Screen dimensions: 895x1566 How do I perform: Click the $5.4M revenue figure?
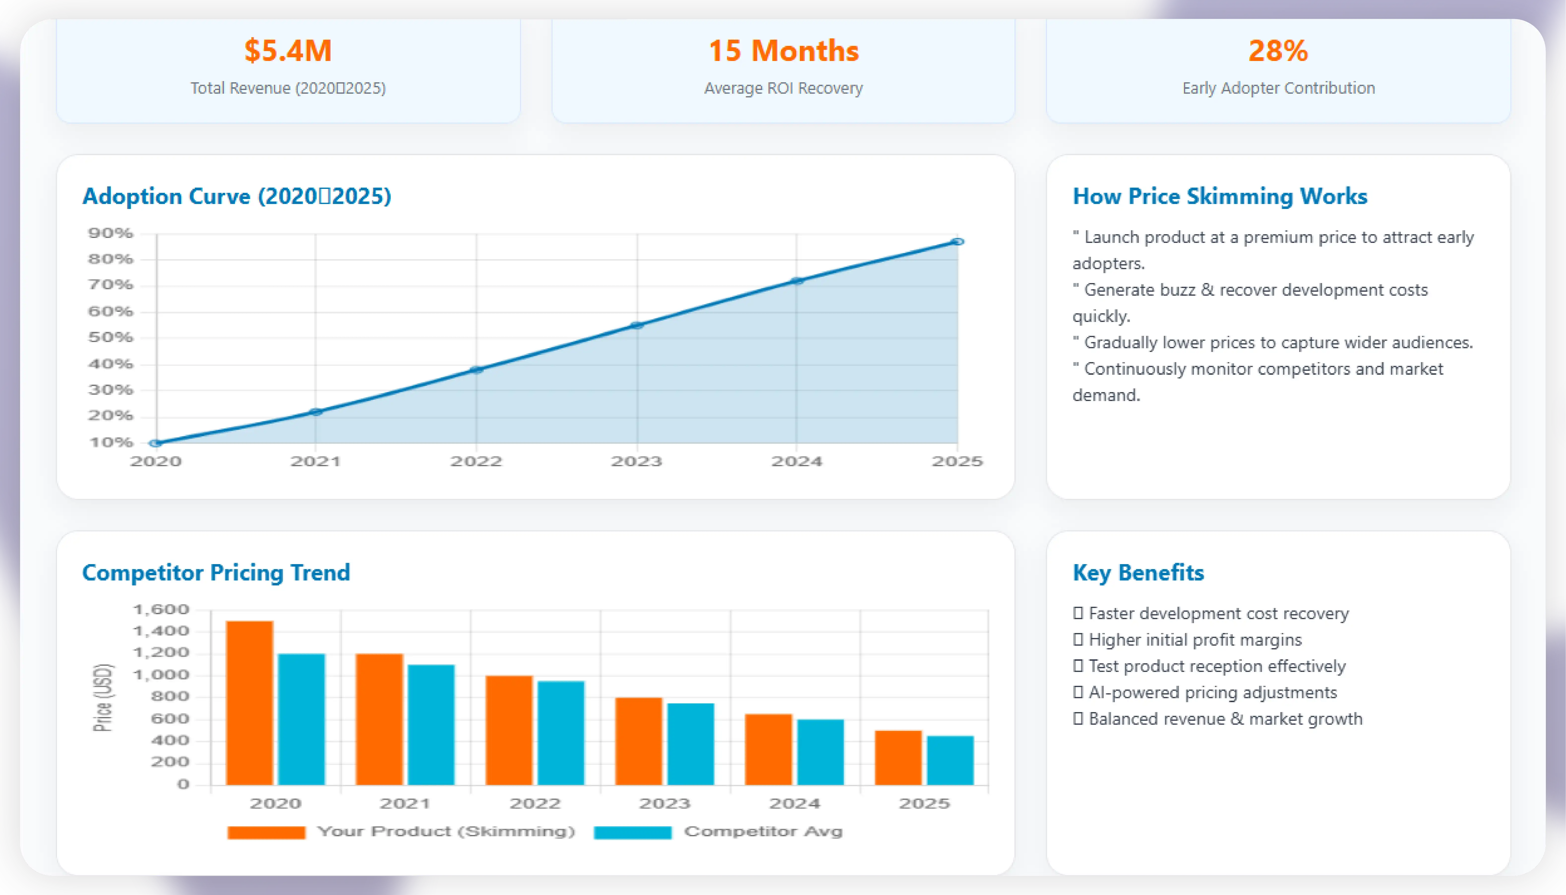click(x=288, y=50)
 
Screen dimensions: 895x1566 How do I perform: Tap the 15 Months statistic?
click(x=783, y=50)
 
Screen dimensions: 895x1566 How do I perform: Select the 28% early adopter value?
click(x=1278, y=50)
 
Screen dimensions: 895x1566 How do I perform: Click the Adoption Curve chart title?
click(x=237, y=196)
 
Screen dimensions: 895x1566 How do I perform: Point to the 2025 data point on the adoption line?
click(x=957, y=242)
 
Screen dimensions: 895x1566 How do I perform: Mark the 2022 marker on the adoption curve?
click(x=476, y=370)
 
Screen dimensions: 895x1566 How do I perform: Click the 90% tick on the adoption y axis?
click(x=111, y=233)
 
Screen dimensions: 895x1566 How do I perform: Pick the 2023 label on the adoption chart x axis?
click(x=636, y=461)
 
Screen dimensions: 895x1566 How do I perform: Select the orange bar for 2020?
click(x=250, y=703)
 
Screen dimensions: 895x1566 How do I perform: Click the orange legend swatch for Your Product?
click(x=266, y=832)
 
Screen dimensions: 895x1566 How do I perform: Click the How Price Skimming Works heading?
click(x=1220, y=196)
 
